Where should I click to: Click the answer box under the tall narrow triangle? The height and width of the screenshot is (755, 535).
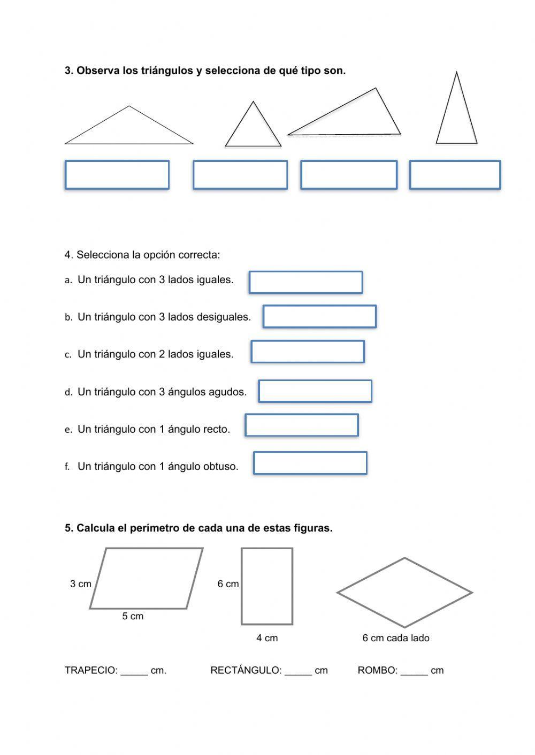(455, 175)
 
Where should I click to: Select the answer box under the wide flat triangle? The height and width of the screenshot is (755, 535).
(117, 175)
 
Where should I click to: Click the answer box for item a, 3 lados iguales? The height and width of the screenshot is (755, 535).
(305, 282)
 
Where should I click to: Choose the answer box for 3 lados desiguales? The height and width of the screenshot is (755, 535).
(319, 316)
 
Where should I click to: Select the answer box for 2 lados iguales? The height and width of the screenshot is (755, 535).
(308, 352)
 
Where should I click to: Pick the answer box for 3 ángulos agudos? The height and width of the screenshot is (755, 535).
(315, 391)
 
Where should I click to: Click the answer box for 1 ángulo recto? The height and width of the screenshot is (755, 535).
(302, 425)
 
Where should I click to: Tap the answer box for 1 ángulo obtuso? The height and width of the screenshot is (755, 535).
(310, 463)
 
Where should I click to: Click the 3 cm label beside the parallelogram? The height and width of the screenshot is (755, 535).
(80, 584)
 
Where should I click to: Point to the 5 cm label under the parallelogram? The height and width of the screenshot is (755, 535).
(133, 616)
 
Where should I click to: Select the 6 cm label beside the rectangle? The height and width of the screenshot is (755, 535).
(228, 584)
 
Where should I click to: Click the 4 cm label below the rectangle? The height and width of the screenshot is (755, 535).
(267, 638)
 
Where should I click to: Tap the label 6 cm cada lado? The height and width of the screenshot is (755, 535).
(395, 638)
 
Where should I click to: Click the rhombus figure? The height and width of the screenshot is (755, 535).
(404, 593)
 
